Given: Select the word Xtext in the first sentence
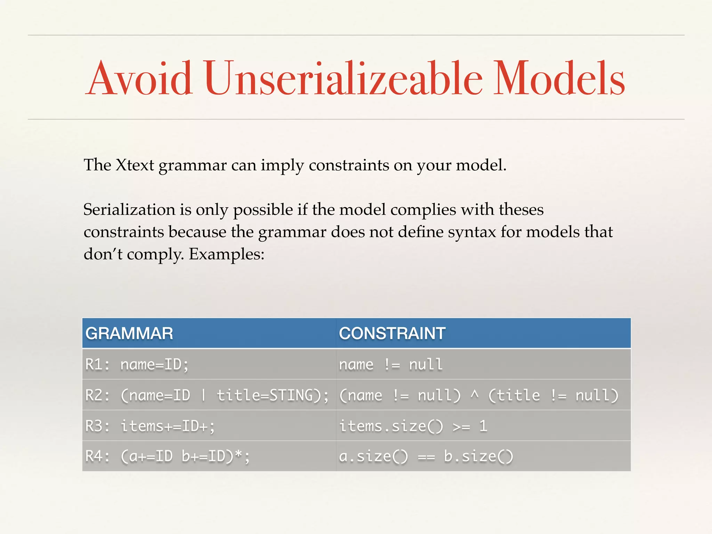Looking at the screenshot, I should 135,165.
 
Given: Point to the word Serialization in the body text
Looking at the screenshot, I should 129,210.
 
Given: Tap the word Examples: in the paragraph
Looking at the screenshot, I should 227,254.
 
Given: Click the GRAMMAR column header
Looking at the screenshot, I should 129,333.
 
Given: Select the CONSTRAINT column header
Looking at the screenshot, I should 392,333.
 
